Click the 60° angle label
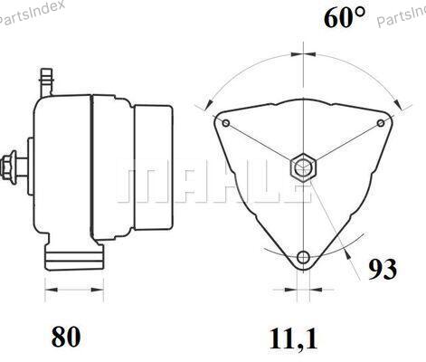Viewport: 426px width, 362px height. coord(345,17)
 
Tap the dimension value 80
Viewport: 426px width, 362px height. coord(66,337)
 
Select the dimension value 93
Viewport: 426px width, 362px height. coord(383,269)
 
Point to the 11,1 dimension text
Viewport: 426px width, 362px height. coord(293,338)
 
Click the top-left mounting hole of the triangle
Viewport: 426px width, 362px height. coord(226,123)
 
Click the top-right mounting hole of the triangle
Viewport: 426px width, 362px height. coord(381,123)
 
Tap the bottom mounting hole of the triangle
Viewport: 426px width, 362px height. coord(303,257)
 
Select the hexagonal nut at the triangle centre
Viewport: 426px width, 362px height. coord(303,167)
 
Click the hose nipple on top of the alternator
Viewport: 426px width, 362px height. coord(46,82)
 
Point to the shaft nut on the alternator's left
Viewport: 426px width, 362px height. coord(8,167)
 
